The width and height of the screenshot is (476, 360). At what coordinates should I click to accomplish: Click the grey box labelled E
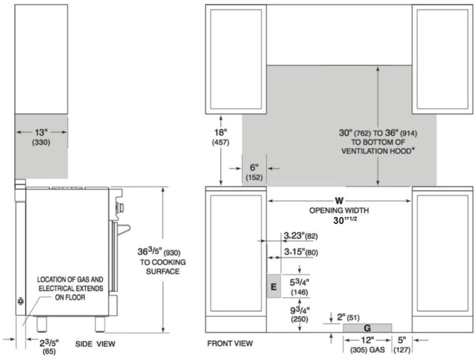tap(274, 286)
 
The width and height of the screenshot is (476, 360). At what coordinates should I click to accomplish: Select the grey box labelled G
tap(368, 328)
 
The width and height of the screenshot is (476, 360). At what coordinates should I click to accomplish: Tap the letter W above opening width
tap(339, 201)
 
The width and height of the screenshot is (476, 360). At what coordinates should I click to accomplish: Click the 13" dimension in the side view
tap(41, 133)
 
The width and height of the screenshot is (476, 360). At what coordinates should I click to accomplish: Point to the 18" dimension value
tap(221, 133)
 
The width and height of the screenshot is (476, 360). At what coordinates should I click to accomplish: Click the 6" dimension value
tap(254, 167)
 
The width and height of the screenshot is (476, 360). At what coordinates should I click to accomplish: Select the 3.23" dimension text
tap(294, 236)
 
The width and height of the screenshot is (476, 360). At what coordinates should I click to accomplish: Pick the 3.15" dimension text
tap(295, 252)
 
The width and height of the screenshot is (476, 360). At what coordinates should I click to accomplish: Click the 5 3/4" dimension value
tap(299, 282)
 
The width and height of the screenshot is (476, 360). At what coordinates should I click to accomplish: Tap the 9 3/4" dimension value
tap(300, 310)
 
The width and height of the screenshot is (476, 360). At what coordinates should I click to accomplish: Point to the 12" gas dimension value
tap(368, 340)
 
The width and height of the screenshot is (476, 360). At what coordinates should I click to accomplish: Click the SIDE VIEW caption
tap(95, 344)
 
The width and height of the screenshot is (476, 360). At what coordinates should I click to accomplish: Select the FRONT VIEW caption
tap(230, 344)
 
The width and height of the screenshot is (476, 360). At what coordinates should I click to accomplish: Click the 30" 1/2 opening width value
tap(345, 220)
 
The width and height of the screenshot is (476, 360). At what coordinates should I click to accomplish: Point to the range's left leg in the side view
tap(42, 324)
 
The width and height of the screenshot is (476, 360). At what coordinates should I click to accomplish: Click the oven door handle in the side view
tap(123, 229)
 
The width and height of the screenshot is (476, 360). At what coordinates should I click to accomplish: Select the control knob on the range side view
tap(120, 208)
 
